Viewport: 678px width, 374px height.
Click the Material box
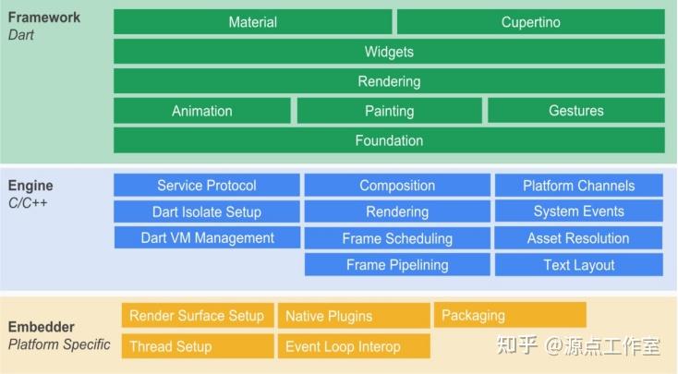coord(253,22)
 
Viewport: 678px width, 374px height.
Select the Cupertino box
coord(530,22)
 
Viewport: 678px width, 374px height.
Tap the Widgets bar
coord(389,52)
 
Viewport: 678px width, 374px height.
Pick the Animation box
coord(202,111)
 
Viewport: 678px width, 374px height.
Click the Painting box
coord(389,111)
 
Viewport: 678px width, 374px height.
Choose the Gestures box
coord(575,111)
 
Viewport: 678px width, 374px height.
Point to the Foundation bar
coord(389,140)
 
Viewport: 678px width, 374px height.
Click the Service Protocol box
coord(207,186)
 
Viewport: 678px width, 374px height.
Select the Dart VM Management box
coord(207,237)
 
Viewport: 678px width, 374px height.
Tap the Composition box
coord(397,186)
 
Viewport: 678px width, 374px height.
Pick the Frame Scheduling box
coord(397,238)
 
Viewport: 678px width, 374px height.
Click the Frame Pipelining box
coord(397,265)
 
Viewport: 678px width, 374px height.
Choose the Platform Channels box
coord(578,186)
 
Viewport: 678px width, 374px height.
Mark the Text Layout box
coord(578,265)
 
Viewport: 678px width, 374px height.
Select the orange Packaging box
coord(510,315)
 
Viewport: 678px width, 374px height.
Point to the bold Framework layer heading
coord(43,18)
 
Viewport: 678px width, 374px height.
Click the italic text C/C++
coord(30,202)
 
